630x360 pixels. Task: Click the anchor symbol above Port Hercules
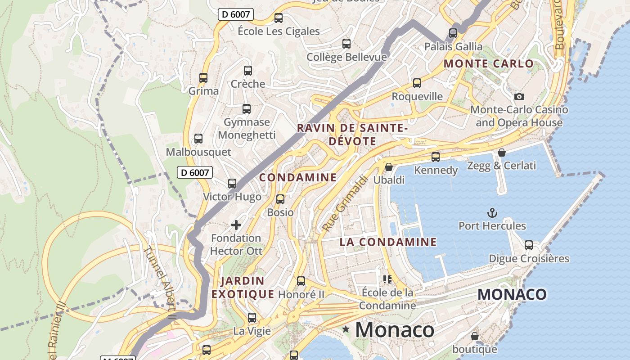(492, 212)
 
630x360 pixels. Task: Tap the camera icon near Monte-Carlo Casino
(519, 96)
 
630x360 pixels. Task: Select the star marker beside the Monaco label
(346, 329)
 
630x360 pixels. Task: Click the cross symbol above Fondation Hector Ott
(236, 225)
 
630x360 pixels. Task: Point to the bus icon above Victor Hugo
(232, 183)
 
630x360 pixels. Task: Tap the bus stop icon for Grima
(203, 78)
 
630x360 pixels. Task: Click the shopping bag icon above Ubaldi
(389, 167)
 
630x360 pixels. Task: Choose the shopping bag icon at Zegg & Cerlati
(502, 153)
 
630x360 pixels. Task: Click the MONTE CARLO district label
(489, 63)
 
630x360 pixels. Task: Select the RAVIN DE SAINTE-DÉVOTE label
(352, 134)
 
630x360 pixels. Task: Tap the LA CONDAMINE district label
(388, 242)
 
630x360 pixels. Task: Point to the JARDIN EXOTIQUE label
(243, 288)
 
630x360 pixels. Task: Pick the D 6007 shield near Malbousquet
(194, 172)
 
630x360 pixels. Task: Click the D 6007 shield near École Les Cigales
(236, 14)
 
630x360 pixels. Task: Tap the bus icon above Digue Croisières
(529, 245)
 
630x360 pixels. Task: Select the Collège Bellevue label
(346, 57)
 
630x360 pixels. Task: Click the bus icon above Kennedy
(436, 157)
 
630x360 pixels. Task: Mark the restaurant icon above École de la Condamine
(387, 279)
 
